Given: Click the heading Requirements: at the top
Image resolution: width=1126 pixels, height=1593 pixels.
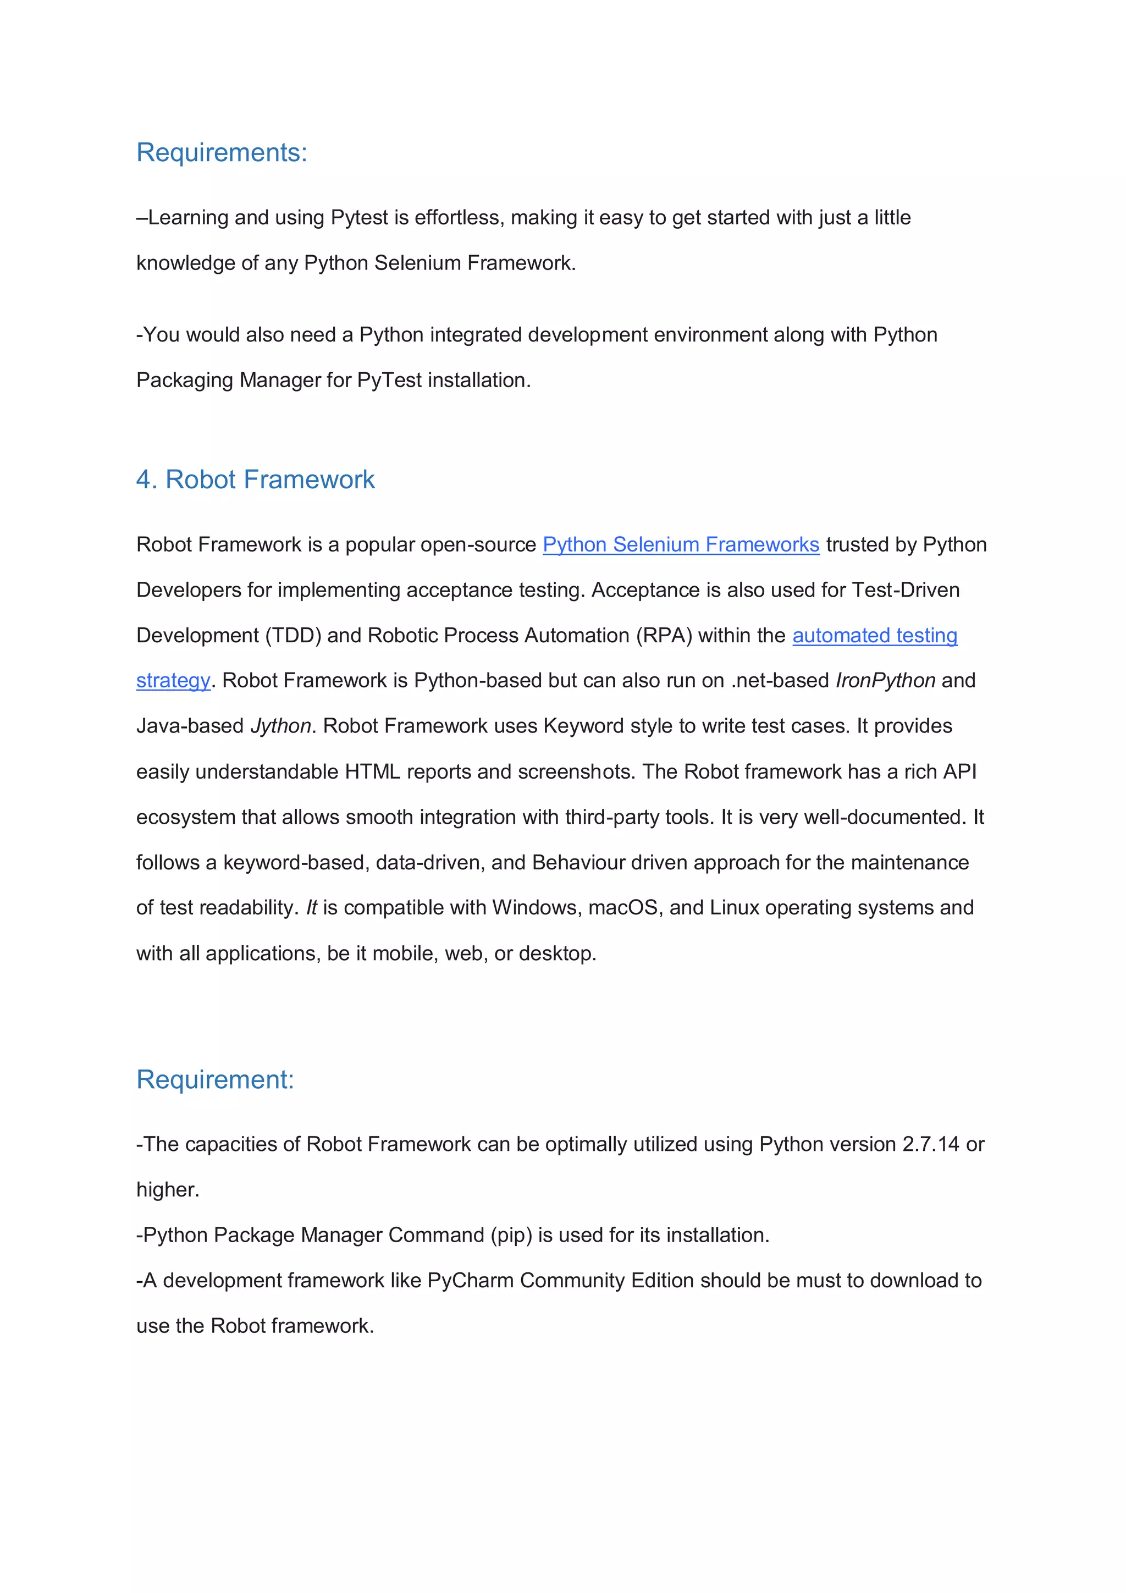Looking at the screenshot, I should click(222, 153).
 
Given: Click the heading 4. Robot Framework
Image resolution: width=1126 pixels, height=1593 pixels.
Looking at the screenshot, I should click(255, 479).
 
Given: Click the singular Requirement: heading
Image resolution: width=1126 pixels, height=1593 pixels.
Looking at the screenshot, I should click(215, 1079).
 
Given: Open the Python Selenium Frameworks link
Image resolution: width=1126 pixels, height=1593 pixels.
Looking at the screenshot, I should click(681, 544).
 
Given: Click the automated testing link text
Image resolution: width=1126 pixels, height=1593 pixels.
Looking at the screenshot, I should click(874, 636).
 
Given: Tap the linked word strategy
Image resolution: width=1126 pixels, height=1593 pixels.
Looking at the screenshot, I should click(173, 681).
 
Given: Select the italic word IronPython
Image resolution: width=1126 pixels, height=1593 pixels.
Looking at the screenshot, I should click(885, 681).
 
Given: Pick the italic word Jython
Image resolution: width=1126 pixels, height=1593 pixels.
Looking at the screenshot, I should click(280, 726).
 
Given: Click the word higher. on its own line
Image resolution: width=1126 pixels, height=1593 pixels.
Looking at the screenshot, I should click(168, 1190).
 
